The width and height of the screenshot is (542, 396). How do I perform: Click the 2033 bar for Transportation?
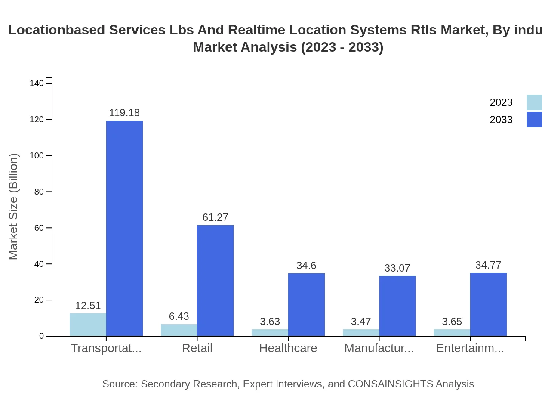tap(124, 228)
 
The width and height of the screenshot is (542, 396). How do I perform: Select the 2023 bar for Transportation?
tap(88, 325)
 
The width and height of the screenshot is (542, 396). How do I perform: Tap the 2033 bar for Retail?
tap(215, 280)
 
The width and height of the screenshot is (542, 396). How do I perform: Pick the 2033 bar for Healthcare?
tap(306, 304)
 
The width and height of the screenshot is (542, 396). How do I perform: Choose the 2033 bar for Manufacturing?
tap(397, 306)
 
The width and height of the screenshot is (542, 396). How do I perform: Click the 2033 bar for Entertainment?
tap(488, 304)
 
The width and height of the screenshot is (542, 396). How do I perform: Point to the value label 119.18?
tap(124, 113)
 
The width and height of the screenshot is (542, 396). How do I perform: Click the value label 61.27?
tap(215, 217)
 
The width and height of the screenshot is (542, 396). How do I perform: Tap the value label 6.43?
tap(179, 316)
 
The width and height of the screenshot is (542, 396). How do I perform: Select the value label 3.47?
tap(361, 322)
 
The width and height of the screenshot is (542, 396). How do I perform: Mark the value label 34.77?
tap(488, 265)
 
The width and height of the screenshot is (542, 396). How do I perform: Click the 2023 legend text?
tap(501, 102)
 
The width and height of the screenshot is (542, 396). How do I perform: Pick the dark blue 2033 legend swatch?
tap(534, 120)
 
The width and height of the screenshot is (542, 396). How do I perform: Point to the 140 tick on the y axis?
tap(37, 84)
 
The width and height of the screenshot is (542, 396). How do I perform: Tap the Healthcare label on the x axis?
tap(288, 348)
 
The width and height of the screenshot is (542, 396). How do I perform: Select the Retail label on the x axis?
tap(197, 348)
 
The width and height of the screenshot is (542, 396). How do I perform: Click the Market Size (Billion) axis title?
tap(14, 207)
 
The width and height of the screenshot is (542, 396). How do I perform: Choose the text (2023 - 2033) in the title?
tap(342, 47)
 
